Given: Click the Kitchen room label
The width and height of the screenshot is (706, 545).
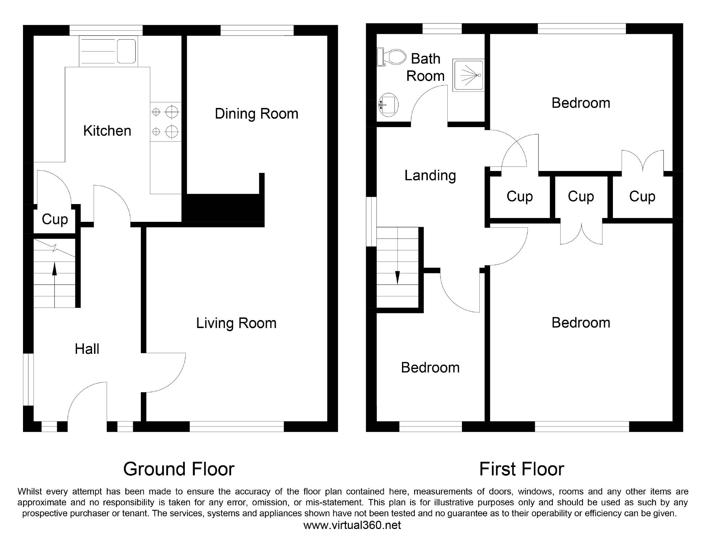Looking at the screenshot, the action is tap(107, 131).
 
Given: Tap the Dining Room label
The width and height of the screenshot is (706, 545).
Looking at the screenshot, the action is tap(257, 114).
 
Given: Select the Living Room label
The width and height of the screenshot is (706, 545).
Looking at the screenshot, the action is tap(236, 324).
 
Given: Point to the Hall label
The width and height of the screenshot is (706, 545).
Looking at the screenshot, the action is tap(87, 349).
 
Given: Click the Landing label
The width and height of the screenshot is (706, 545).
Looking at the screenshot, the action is tap(430, 176).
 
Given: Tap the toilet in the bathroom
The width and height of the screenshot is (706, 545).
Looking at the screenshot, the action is tap(392, 57).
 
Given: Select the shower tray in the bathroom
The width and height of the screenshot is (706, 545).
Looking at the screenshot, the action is tap(469, 75).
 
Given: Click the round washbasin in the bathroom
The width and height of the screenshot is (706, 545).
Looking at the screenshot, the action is tap(388, 104).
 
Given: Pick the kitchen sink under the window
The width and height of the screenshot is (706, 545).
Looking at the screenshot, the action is tap(108, 51).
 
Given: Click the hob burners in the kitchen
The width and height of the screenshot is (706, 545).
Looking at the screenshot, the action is tap(166, 122).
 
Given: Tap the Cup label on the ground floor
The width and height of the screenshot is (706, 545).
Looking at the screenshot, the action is tap(55, 220).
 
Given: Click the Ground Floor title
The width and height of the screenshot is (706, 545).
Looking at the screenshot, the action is tap(179, 469).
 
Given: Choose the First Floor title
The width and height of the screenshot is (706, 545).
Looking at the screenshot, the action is tap(522, 469).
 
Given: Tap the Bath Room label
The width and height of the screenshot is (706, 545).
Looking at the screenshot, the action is tap(426, 67).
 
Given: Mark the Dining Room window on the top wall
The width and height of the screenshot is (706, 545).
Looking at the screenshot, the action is tap(257, 30).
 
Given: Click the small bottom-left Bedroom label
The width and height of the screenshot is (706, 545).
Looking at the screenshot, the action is tap(430, 368).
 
